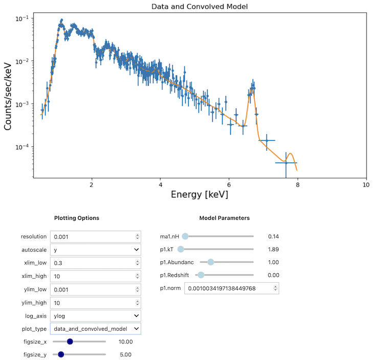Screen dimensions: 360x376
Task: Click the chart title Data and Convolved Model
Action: (200, 6)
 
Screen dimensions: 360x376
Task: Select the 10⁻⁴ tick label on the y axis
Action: (23, 147)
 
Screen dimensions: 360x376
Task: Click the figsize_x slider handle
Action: (70, 342)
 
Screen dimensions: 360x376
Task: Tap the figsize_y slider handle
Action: (61, 354)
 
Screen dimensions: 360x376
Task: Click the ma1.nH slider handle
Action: (185, 236)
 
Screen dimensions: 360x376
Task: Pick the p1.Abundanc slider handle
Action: (210, 262)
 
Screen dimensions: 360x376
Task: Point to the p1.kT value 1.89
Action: (273, 250)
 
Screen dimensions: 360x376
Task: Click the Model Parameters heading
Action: (224, 218)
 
